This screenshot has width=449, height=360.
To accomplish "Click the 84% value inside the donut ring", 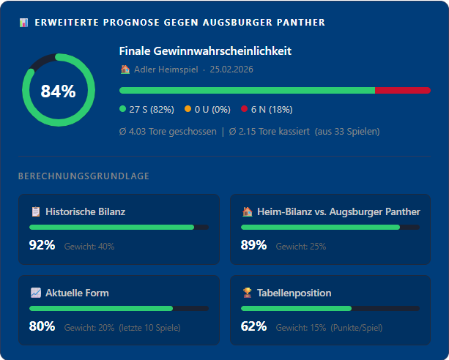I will coord(58,91).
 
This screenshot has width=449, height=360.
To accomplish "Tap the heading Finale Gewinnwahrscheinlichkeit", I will coord(205,51).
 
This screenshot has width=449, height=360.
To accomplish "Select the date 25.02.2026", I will coord(231,70).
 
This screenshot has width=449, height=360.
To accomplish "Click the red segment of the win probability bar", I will coord(402,90).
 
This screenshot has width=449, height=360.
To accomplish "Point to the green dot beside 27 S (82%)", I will coord(122,110).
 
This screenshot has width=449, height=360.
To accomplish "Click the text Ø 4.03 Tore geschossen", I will coord(168,132).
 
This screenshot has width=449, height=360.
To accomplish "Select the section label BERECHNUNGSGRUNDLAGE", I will coord(84,176).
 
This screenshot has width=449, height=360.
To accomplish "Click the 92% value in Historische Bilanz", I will coord(42,245).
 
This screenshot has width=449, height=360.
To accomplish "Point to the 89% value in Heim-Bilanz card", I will coord(253,245).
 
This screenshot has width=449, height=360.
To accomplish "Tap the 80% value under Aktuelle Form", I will coord(42,326).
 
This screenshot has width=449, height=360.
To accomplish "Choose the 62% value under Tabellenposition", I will coord(253,326).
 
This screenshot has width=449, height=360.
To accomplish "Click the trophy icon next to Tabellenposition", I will coord(247,293).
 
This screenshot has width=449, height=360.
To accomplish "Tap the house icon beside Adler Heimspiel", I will coord(125,70).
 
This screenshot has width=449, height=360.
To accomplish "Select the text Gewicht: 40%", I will coord(89,246).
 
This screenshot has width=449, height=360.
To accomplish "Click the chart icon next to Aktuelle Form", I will coord(35,293).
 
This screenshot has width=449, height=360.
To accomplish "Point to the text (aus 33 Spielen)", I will coord(347,132).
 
